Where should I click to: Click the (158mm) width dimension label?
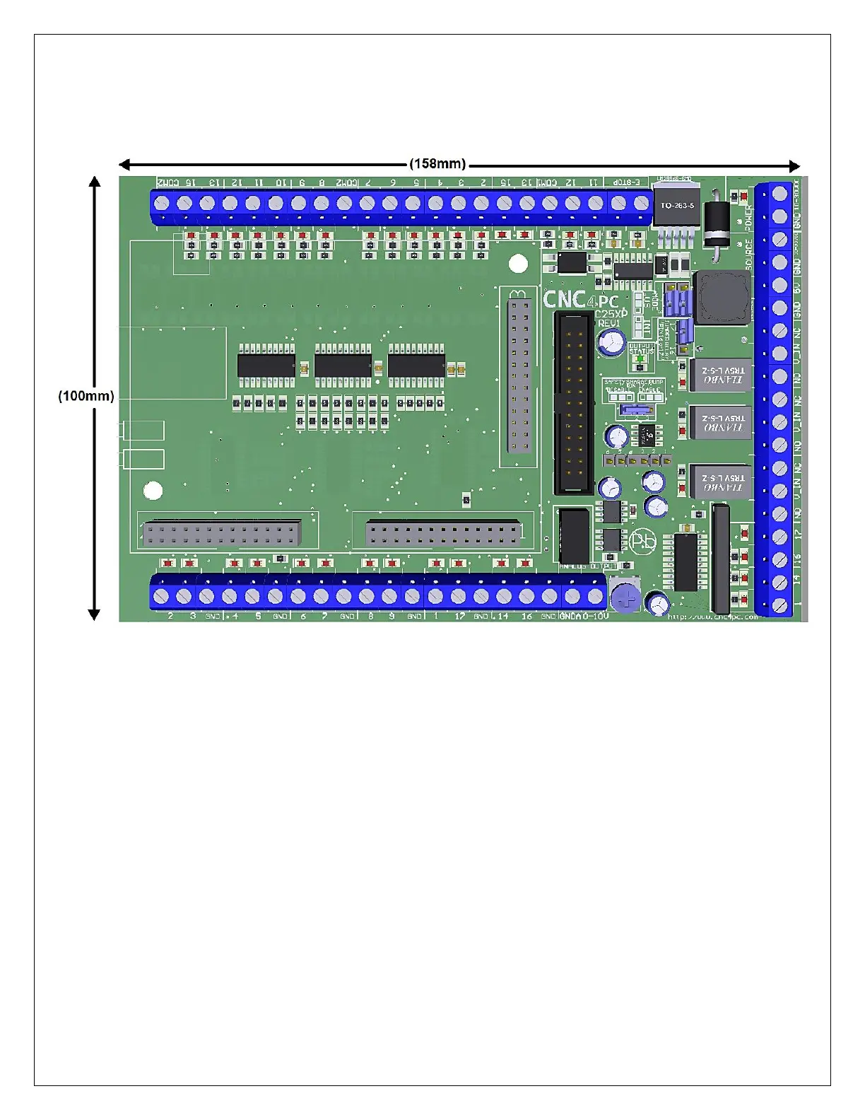(x=437, y=164)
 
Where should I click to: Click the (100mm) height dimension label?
(x=86, y=396)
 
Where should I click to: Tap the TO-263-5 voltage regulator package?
(x=677, y=206)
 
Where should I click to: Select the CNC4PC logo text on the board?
(x=580, y=301)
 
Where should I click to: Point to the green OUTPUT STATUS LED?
(x=640, y=359)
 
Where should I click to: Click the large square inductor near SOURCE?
(x=722, y=298)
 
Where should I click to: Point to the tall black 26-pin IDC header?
(x=572, y=404)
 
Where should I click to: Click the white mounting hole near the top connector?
(x=518, y=264)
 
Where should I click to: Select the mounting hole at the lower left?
(x=153, y=491)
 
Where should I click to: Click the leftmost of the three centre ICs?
(x=266, y=366)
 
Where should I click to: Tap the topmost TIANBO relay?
(x=720, y=375)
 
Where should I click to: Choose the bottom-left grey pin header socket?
(x=222, y=532)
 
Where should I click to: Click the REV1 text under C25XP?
(x=608, y=323)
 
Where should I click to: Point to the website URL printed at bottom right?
(x=712, y=617)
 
